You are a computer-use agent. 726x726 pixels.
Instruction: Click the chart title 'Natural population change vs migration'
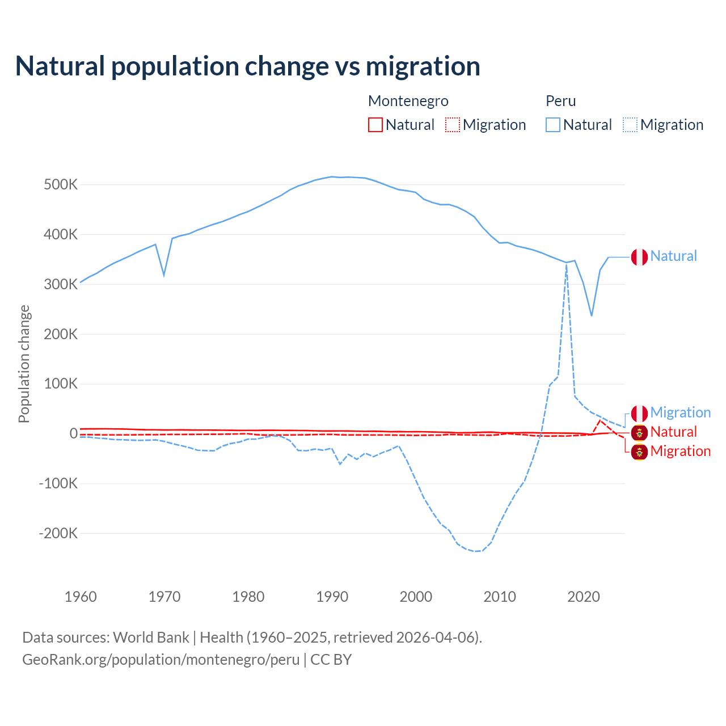point(248,66)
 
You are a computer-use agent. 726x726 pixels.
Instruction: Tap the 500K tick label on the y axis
point(61,185)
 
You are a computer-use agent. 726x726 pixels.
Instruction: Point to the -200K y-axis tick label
point(58,533)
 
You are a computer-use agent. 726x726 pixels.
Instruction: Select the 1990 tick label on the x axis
point(332,597)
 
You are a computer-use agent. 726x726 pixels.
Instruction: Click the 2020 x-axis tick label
point(584,597)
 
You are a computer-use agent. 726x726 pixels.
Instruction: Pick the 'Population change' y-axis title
point(24,364)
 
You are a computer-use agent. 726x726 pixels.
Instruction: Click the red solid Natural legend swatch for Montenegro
point(375,125)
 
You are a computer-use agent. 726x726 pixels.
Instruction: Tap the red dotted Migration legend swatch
point(453,125)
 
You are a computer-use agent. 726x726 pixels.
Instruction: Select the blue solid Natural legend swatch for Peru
point(553,125)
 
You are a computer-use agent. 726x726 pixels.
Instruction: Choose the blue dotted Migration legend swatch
point(630,125)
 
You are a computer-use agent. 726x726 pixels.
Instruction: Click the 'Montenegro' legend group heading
point(408,101)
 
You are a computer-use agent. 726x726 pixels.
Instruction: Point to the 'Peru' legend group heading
point(561,101)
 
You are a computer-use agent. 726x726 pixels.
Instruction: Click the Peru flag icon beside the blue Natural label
point(639,257)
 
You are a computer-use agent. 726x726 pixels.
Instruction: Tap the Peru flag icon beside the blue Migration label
point(639,413)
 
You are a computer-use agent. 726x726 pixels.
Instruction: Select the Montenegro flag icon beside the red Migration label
point(639,452)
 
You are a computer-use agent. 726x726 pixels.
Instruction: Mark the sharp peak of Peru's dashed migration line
point(567,264)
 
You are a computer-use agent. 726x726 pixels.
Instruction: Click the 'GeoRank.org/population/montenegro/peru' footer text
point(161,660)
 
